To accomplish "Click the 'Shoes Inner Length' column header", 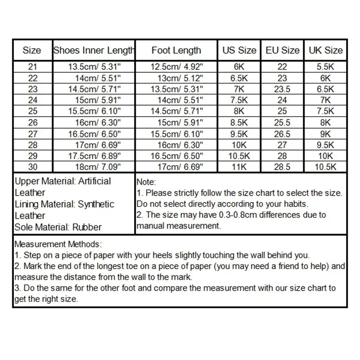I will tap(94, 50).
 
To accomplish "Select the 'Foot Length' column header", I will tap(176, 50).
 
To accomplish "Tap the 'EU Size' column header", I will tap(283, 50).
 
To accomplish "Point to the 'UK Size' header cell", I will tap(325, 50).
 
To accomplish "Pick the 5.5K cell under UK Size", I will tap(325, 67).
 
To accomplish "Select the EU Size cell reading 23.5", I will tap(283, 89).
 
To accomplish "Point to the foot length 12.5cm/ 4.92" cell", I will tap(177, 67).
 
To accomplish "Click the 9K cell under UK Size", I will tap(325, 134).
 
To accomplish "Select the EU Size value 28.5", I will tap(283, 167).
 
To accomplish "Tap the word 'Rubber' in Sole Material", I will tap(86, 227).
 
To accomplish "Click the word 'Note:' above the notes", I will tap(146, 183).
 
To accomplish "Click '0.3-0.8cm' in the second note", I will tap(243, 215).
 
